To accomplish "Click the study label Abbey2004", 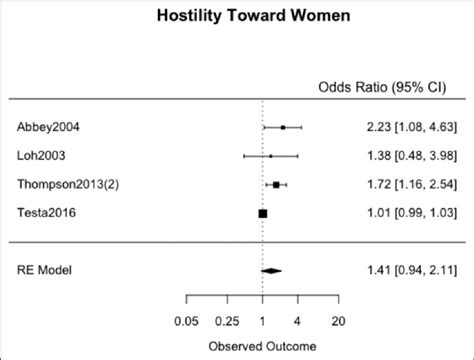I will tap(49, 127).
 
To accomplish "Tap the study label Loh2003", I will tap(40, 156).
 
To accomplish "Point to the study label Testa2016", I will tap(46, 213).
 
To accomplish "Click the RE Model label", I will tap(44, 270).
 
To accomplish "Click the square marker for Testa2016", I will tap(262, 213).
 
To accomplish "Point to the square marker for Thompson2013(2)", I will tap(276, 185).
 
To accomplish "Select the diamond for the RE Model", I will tap(271, 270).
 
